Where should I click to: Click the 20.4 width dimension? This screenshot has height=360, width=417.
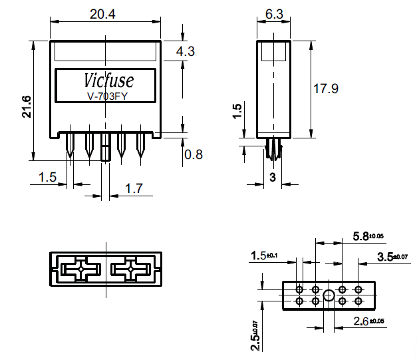pyautogui.click(x=102, y=14)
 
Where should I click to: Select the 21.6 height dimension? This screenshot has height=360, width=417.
pyautogui.click(x=27, y=106)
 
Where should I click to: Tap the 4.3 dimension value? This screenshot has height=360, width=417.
pyautogui.click(x=186, y=51)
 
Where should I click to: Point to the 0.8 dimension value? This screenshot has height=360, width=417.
pyautogui.click(x=194, y=154)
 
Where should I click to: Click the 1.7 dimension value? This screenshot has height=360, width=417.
pyautogui.click(x=134, y=188)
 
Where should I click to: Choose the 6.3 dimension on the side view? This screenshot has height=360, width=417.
pyautogui.click(x=274, y=14)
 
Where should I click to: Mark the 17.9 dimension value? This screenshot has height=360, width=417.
pyautogui.click(x=326, y=89)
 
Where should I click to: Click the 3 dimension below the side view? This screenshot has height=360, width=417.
pyautogui.click(x=273, y=177)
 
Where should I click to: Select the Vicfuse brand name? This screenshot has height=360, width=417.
pyautogui.click(x=108, y=80)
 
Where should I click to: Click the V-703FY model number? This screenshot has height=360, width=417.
pyautogui.click(x=108, y=96)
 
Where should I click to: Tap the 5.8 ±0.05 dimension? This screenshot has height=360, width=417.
pyautogui.click(x=368, y=236)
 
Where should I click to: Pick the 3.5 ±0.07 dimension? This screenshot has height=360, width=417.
pyautogui.click(x=392, y=257)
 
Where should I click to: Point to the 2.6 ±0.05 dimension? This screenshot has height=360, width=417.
pyautogui.click(x=368, y=321)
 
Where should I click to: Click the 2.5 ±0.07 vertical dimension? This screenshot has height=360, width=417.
pyautogui.click(x=255, y=335)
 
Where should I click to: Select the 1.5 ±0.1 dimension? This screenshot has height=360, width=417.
pyautogui.click(x=264, y=256)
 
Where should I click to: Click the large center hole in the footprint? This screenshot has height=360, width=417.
pyautogui.click(x=329, y=295)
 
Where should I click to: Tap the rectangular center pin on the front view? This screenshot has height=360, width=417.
pyautogui.click(x=106, y=146)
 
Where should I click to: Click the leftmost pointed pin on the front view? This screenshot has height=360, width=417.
pyautogui.click(x=70, y=145)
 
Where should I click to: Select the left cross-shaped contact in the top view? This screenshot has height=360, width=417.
pyautogui.click(x=81, y=270)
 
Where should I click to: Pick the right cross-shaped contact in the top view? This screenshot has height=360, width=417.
pyautogui.click(x=130, y=270)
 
